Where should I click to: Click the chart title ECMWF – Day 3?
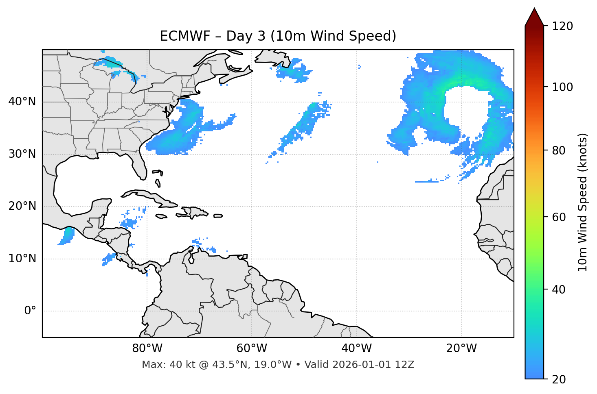coord(278,36)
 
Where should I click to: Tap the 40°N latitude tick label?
coord(22,102)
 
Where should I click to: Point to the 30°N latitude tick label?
coord(22,154)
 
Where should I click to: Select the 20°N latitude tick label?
coord(22,206)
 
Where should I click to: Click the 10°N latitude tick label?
coord(22,259)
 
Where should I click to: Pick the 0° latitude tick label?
coord(30,311)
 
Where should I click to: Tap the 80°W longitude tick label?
coord(147,348)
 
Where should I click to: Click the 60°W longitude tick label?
coord(252,348)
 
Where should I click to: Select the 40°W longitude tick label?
coord(356,348)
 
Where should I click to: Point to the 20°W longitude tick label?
coord(461,348)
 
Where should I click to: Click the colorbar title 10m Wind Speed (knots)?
coord(583,202)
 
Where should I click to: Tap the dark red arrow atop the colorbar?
coord(534,17)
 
